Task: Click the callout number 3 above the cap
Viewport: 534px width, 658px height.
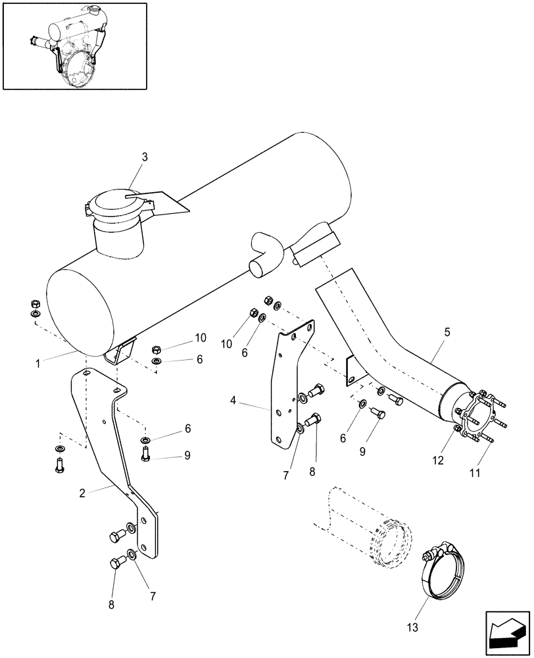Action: pyautogui.click(x=145, y=157)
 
